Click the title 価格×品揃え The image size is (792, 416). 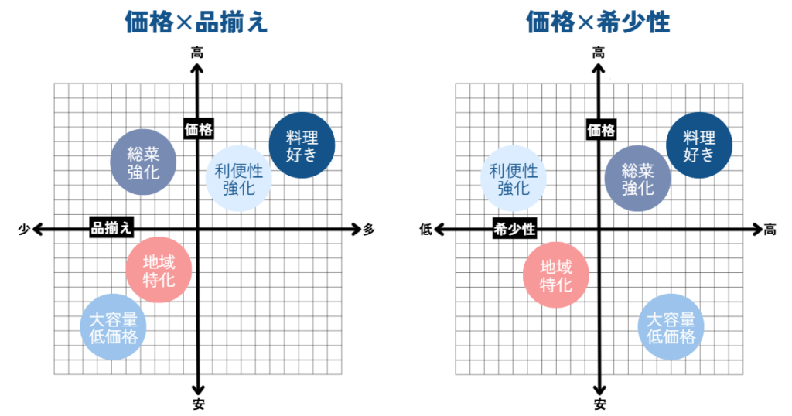click(196, 22)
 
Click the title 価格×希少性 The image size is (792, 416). click(598, 22)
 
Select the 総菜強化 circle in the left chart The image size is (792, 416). click(143, 162)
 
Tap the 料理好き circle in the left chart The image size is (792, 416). click(302, 145)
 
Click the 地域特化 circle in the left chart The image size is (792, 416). click(159, 270)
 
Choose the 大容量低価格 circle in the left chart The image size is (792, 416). click(113, 326)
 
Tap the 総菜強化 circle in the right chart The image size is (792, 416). click(637, 179)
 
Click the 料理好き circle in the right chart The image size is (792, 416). click(699, 145)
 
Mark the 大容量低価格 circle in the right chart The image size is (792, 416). click(671, 326)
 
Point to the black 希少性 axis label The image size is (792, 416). click(514, 228)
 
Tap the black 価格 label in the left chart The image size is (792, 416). click(199, 130)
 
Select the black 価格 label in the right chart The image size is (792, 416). click(600, 130)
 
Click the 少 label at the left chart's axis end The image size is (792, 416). click(24, 229)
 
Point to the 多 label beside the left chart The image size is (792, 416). click(369, 229)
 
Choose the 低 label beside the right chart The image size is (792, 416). click(425, 229)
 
